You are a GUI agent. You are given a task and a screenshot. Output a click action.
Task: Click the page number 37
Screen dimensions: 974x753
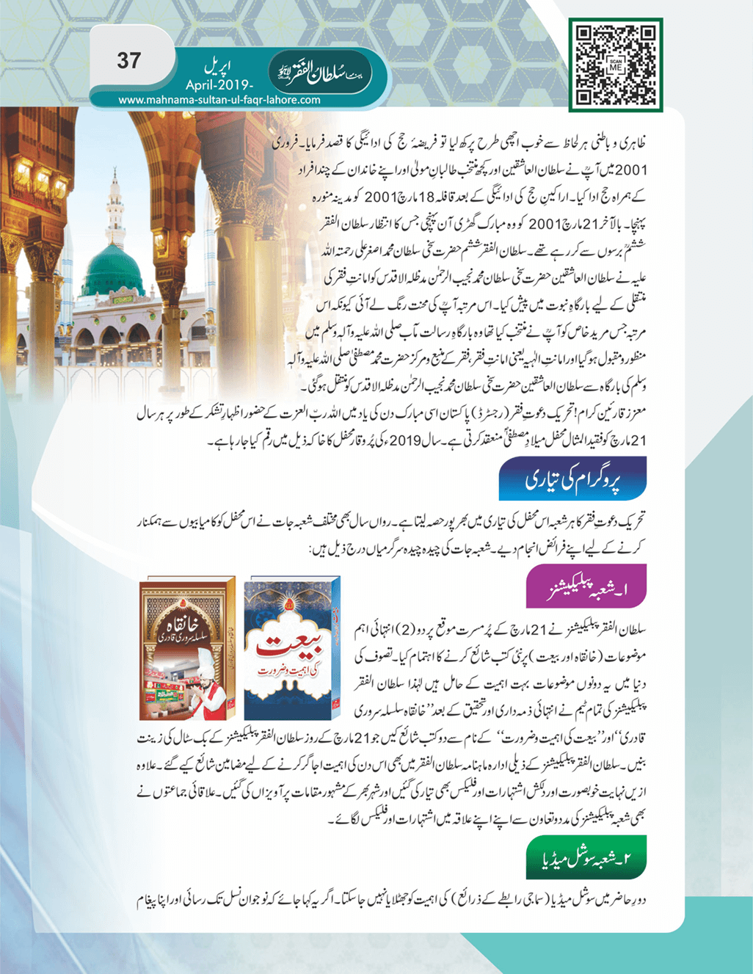click(128, 61)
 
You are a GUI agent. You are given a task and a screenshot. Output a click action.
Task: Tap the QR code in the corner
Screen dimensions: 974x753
click(615, 65)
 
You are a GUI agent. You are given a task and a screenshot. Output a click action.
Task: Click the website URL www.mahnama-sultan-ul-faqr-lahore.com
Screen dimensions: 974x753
click(219, 100)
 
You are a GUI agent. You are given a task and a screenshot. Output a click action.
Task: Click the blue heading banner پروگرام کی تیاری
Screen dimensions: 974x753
click(572, 479)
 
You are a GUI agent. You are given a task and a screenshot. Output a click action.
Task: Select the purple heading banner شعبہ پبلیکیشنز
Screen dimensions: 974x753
click(586, 586)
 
